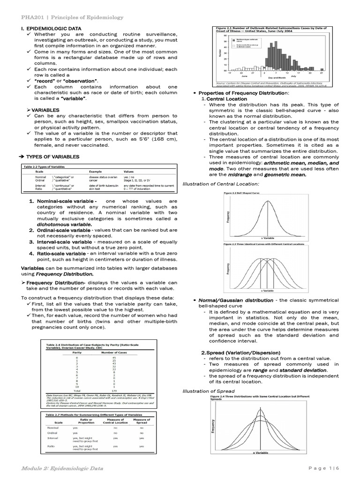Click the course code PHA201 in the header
32,17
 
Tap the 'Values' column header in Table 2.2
129,172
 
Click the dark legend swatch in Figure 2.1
233,41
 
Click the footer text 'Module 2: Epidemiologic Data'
63,468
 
